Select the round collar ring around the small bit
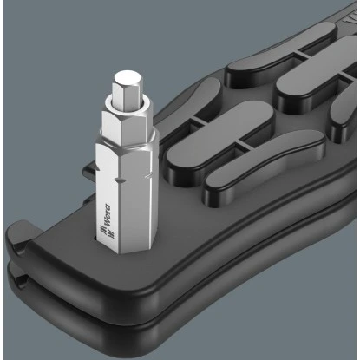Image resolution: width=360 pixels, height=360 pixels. [128, 106]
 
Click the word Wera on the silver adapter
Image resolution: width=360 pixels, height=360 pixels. [107, 215]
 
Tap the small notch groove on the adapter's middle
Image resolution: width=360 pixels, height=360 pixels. [120, 180]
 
